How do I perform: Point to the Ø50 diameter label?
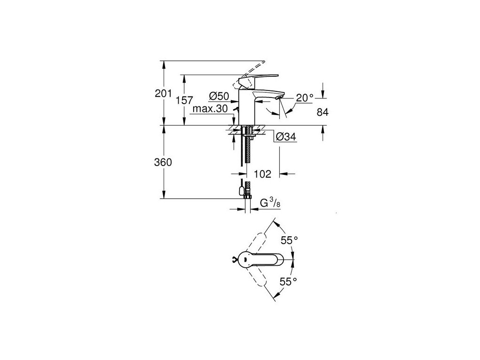219,96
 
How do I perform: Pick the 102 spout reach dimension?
262,174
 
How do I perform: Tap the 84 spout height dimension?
323,112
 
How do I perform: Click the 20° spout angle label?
305,98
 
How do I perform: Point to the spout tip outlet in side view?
280,97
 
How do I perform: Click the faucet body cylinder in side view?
247,108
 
